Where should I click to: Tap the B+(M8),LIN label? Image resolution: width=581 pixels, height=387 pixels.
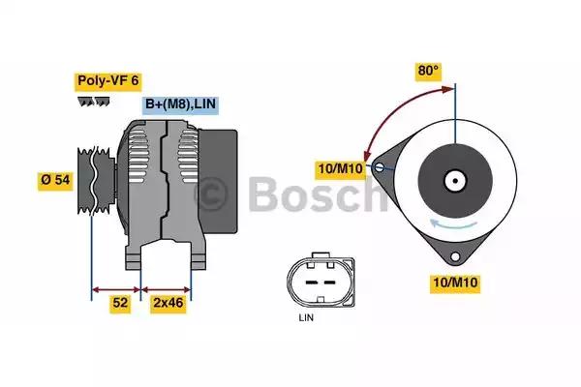tap(180, 104)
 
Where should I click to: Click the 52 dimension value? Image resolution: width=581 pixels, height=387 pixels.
tap(120, 304)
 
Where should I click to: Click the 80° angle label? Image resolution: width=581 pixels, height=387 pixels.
tap(428, 71)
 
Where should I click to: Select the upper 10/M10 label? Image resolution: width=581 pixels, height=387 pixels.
tap(339, 170)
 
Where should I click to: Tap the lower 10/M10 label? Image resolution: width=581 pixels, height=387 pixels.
tap(455, 283)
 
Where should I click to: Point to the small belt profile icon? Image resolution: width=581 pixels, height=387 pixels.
tap(95, 101)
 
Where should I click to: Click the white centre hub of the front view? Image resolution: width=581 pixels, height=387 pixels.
tap(453, 180)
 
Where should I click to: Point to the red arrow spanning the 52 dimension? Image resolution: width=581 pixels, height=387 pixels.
tap(116, 287)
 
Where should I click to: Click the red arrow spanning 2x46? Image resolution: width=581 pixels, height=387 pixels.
tap(167, 287)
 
